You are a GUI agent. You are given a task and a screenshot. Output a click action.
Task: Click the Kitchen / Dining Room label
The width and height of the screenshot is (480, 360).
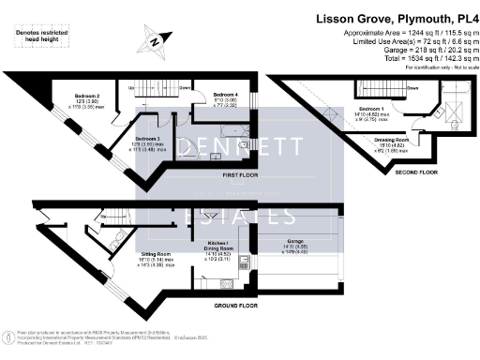click(x=218, y=247)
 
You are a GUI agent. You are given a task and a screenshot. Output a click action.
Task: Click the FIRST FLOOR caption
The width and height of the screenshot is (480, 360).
click(x=229, y=175)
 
